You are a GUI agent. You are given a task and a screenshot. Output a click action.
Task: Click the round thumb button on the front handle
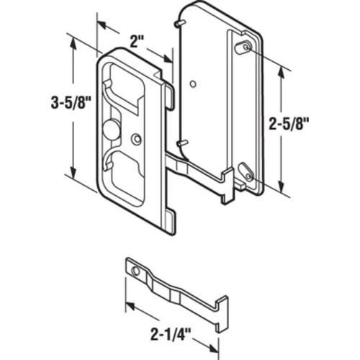pos(112,130)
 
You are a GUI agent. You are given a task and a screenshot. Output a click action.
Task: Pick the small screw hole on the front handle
pos(136,138)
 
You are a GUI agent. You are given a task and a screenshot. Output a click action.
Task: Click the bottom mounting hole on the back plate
pos(247,175)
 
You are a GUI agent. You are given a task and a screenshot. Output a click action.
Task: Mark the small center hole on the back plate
pos(193,85)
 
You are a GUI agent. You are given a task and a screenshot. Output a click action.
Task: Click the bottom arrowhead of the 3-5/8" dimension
pos(73,176)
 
